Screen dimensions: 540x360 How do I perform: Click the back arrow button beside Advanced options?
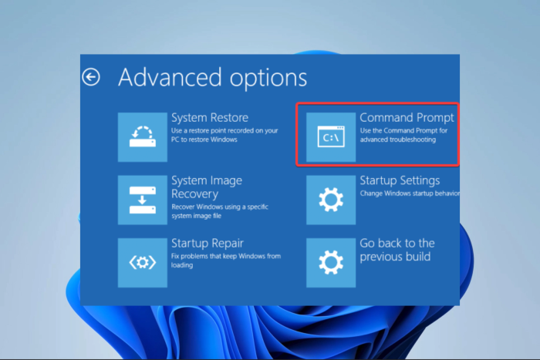[91, 77]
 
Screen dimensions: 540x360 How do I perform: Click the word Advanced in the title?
[170, 77]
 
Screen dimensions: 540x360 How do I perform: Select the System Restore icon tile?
[143, 137]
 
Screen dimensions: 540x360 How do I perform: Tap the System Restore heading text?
[210, 118]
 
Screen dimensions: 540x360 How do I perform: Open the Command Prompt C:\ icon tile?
[331, 137]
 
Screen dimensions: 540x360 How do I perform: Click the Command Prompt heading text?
[407, 118]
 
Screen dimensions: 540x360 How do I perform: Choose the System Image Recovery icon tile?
[143, 200]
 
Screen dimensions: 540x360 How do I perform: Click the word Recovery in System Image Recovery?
[194, 194]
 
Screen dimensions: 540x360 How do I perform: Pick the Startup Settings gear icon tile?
[331, 200]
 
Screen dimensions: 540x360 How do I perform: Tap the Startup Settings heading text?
[400, 180]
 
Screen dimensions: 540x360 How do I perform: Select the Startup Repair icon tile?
[143, 263]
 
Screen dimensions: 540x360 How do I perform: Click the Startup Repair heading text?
[208, 244]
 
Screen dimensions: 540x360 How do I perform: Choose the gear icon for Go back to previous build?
[331, 263]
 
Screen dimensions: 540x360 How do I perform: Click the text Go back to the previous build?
[397, 250]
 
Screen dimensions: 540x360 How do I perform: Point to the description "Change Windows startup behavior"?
[410, 193]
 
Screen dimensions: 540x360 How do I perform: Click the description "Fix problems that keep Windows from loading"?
[226, 261]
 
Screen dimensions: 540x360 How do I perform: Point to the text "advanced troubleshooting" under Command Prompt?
[398, 140]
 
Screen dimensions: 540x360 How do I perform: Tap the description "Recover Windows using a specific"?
[220, 207]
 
